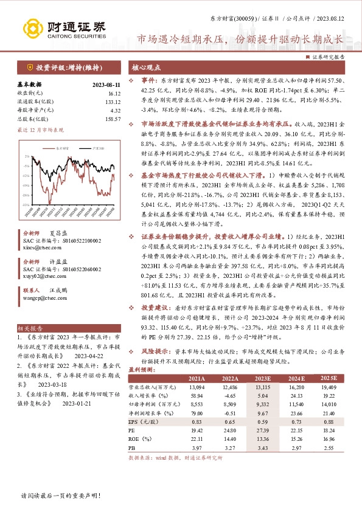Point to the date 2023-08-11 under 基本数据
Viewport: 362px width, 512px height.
pyautogui.click(x=105, y=85)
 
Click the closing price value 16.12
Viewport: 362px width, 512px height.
pyautogui.click(x=113, y=93)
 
